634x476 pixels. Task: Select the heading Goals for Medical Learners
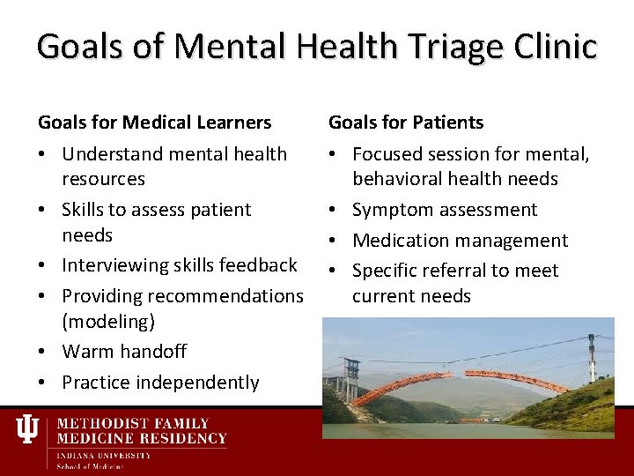(154, 122)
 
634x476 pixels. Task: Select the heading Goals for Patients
(406, 122)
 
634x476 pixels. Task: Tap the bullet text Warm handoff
(124, 351)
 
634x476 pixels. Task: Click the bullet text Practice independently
(160, 382)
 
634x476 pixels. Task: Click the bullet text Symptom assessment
(444, 210)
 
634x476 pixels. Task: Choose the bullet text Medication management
(460, 240)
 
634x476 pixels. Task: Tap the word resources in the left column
(103, 179)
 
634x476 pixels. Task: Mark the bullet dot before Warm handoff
(42, 352)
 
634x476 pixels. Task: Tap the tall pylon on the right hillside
(592, 357)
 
